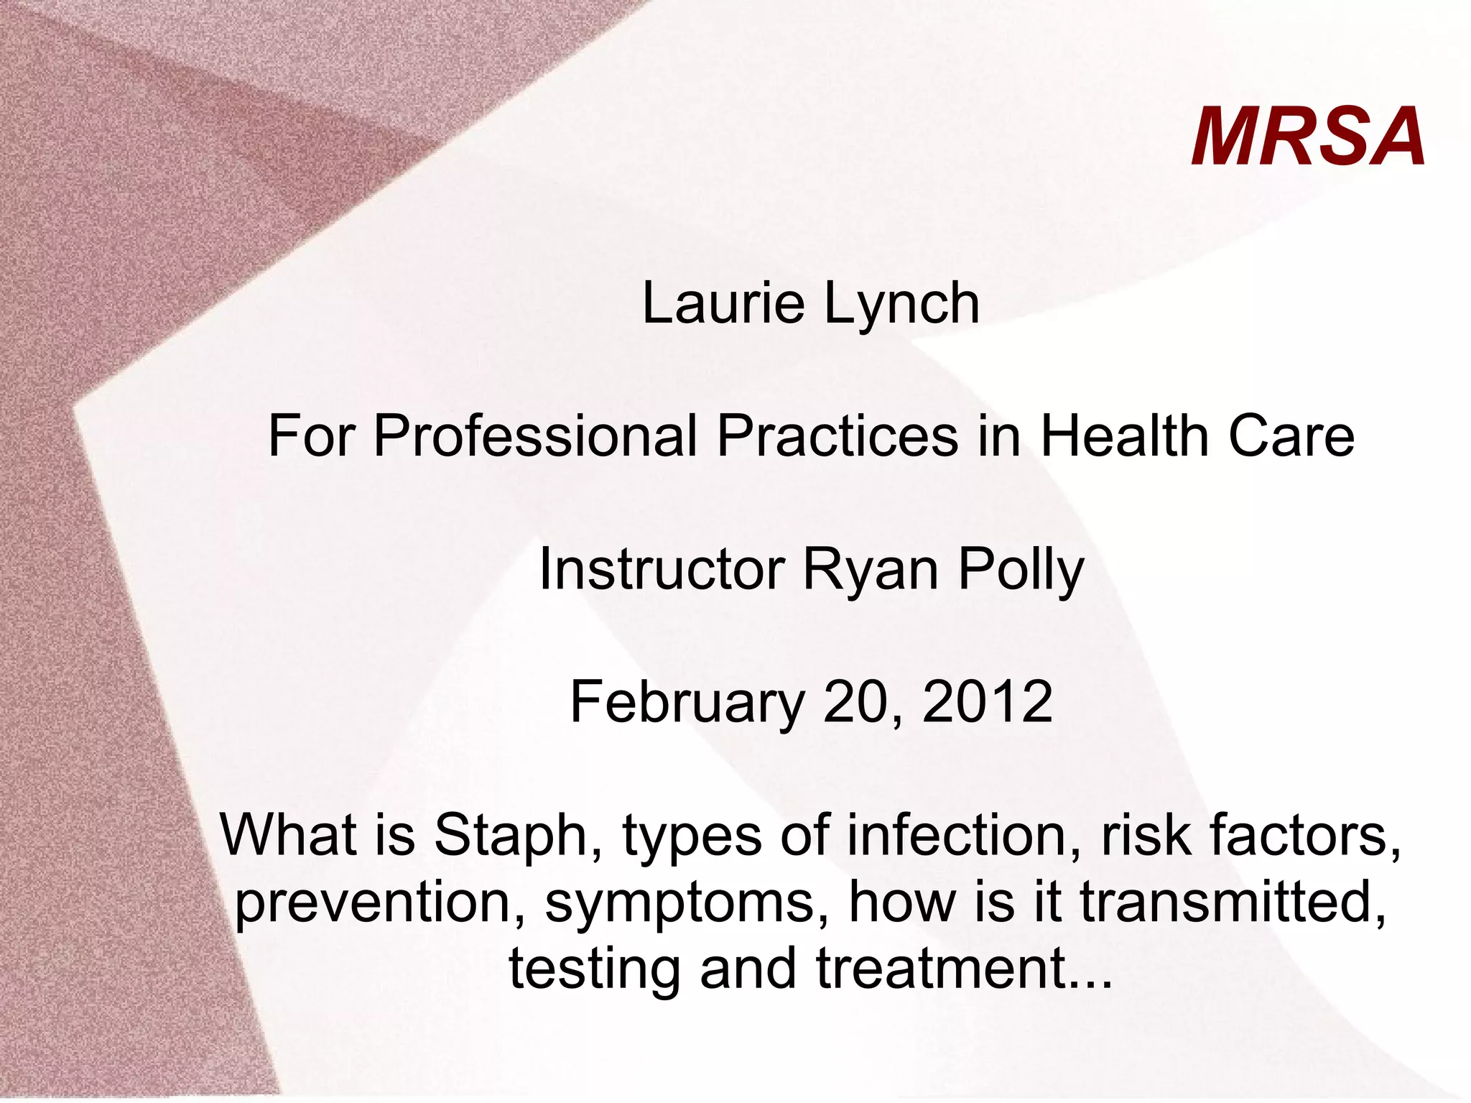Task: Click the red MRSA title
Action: [1308, 137]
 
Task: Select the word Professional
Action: [535, 436]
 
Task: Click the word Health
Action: [1125, 436]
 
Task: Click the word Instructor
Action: [662, 569]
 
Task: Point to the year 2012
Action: [988, 702]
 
